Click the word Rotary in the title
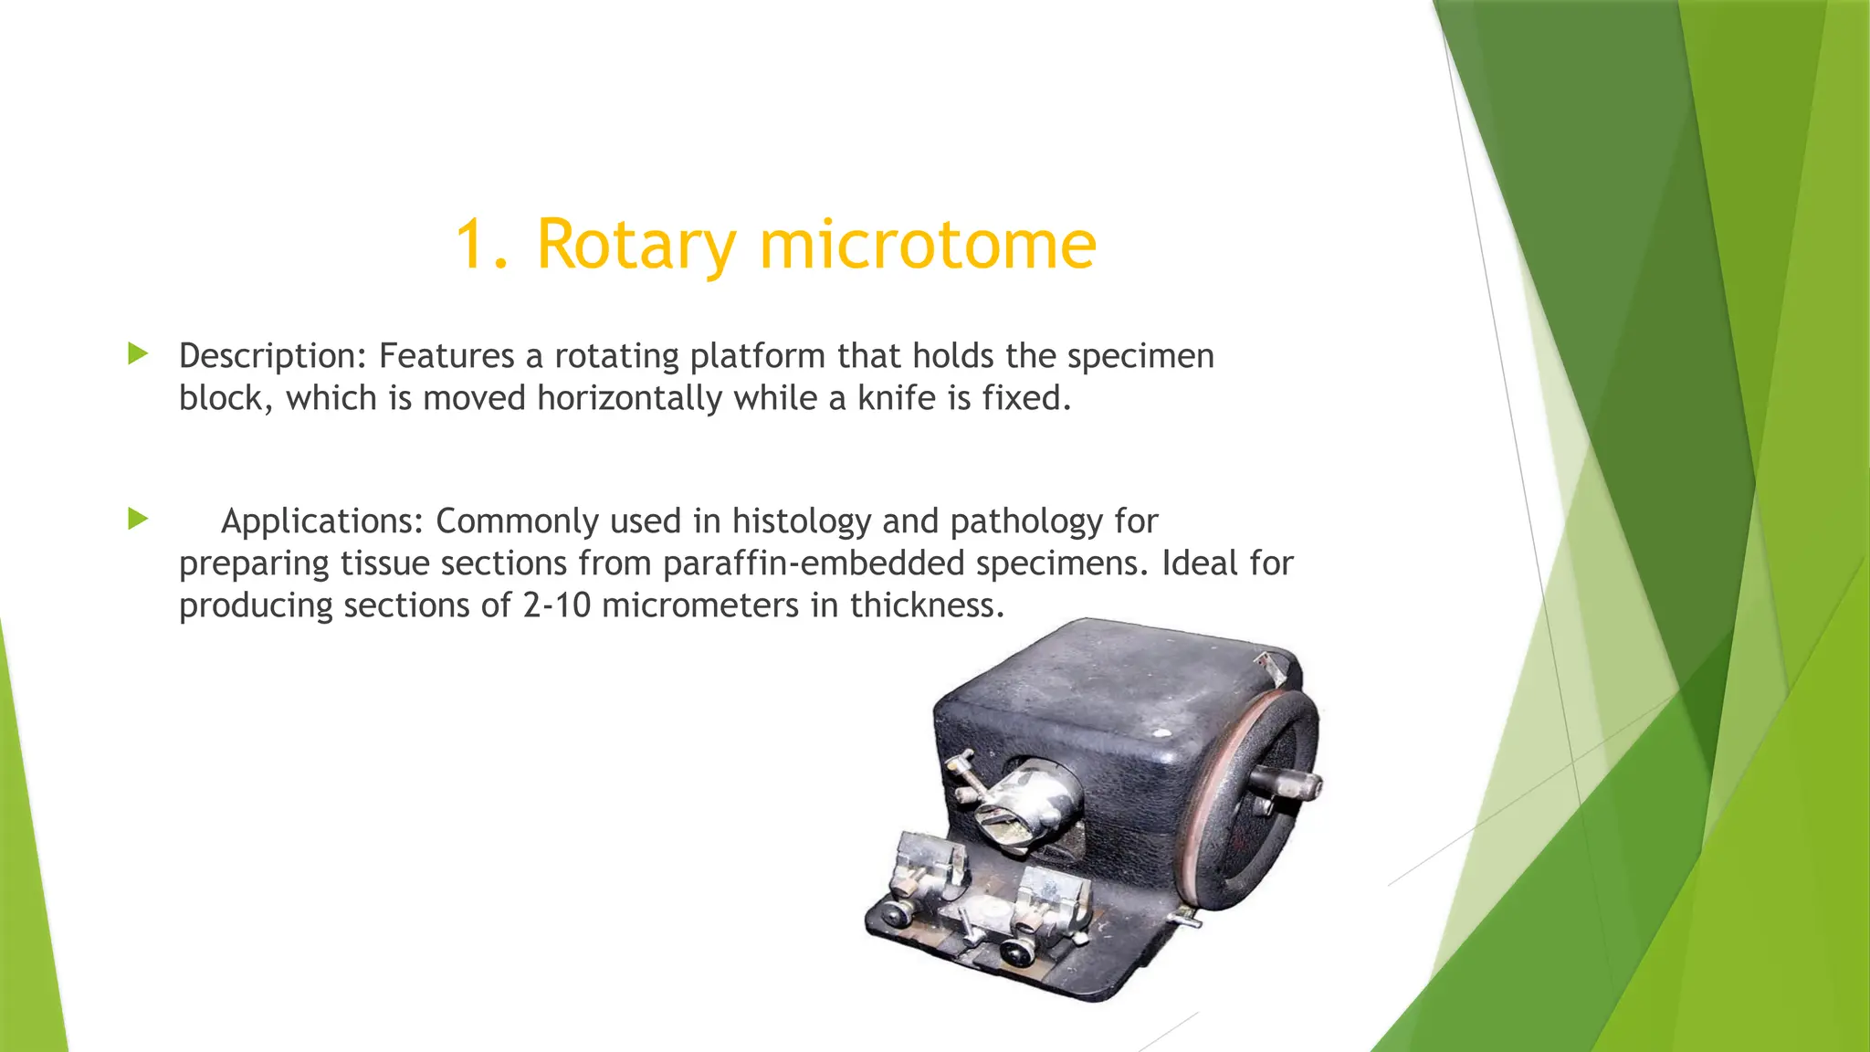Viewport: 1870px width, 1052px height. (x=636, y=245)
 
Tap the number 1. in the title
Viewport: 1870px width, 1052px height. (x=481, y=245)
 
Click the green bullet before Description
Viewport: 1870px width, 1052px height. (x=138, y=353)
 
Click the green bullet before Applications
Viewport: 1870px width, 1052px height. (x=138, y=519)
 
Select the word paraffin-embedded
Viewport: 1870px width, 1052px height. (x=813, y=563)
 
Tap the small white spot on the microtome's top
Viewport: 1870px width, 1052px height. (x=1161, y=732)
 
